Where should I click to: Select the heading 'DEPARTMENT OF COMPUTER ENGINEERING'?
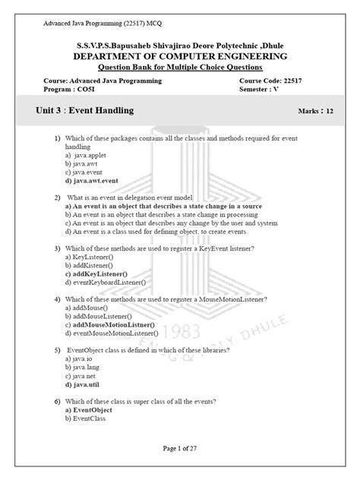tap(180, 56)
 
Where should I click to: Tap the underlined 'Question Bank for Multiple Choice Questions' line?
tap(180, 68)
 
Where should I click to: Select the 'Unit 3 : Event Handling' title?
tap(84, 111)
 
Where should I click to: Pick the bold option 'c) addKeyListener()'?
tap(96, 273)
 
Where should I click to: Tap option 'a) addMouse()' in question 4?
tap(85, 308)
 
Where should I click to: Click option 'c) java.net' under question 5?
tap(81, 375)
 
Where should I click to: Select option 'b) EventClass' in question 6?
tap(85, 418)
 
